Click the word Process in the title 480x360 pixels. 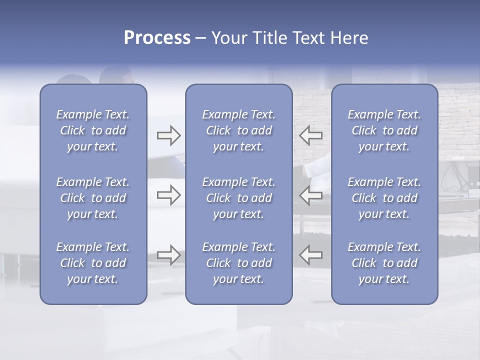[157, 38]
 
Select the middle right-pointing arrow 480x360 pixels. [169, 195]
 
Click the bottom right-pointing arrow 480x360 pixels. [169, 254]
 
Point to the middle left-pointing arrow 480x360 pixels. [311, 195]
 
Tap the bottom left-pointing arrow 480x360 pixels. [311, 254]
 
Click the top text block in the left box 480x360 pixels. [93, 130]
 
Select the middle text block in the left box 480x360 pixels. [93, 198]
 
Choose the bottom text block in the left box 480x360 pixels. [93, 263]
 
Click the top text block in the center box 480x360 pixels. [239, 130]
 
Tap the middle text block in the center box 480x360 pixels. [239, 198]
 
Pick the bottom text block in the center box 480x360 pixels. [239, 263]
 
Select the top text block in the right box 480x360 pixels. [384, 130]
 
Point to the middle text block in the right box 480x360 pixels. [384, 198]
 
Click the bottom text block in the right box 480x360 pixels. [384, 263]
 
